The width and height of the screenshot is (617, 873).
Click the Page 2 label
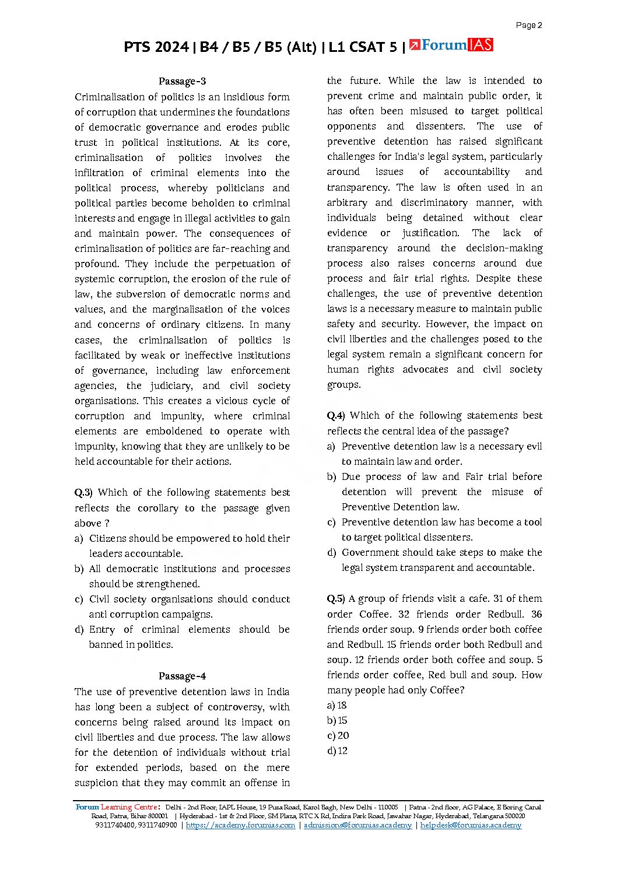point(529,25)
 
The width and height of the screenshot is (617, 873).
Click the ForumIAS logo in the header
point(451,45)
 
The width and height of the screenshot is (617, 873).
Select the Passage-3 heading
point(182,81)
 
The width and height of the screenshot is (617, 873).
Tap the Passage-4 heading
point(182,676)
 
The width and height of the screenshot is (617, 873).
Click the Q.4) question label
point(336,415)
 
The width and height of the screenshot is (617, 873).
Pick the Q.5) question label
point(336,598)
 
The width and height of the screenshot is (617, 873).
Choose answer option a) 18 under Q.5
point(337,705)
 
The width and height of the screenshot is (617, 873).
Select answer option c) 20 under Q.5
point(338,735)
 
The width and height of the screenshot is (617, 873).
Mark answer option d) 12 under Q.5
point(337,751)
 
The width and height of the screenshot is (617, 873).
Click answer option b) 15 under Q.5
point(337,720)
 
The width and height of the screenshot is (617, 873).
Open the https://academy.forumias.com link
point(240,825)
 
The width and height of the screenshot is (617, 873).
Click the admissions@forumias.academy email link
point(357,825)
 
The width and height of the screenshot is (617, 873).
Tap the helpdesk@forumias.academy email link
point(471,825)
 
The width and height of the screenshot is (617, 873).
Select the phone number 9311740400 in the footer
point(115,825)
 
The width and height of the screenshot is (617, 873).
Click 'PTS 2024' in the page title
point(156,47)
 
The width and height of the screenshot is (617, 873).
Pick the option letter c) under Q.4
point(331,522)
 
